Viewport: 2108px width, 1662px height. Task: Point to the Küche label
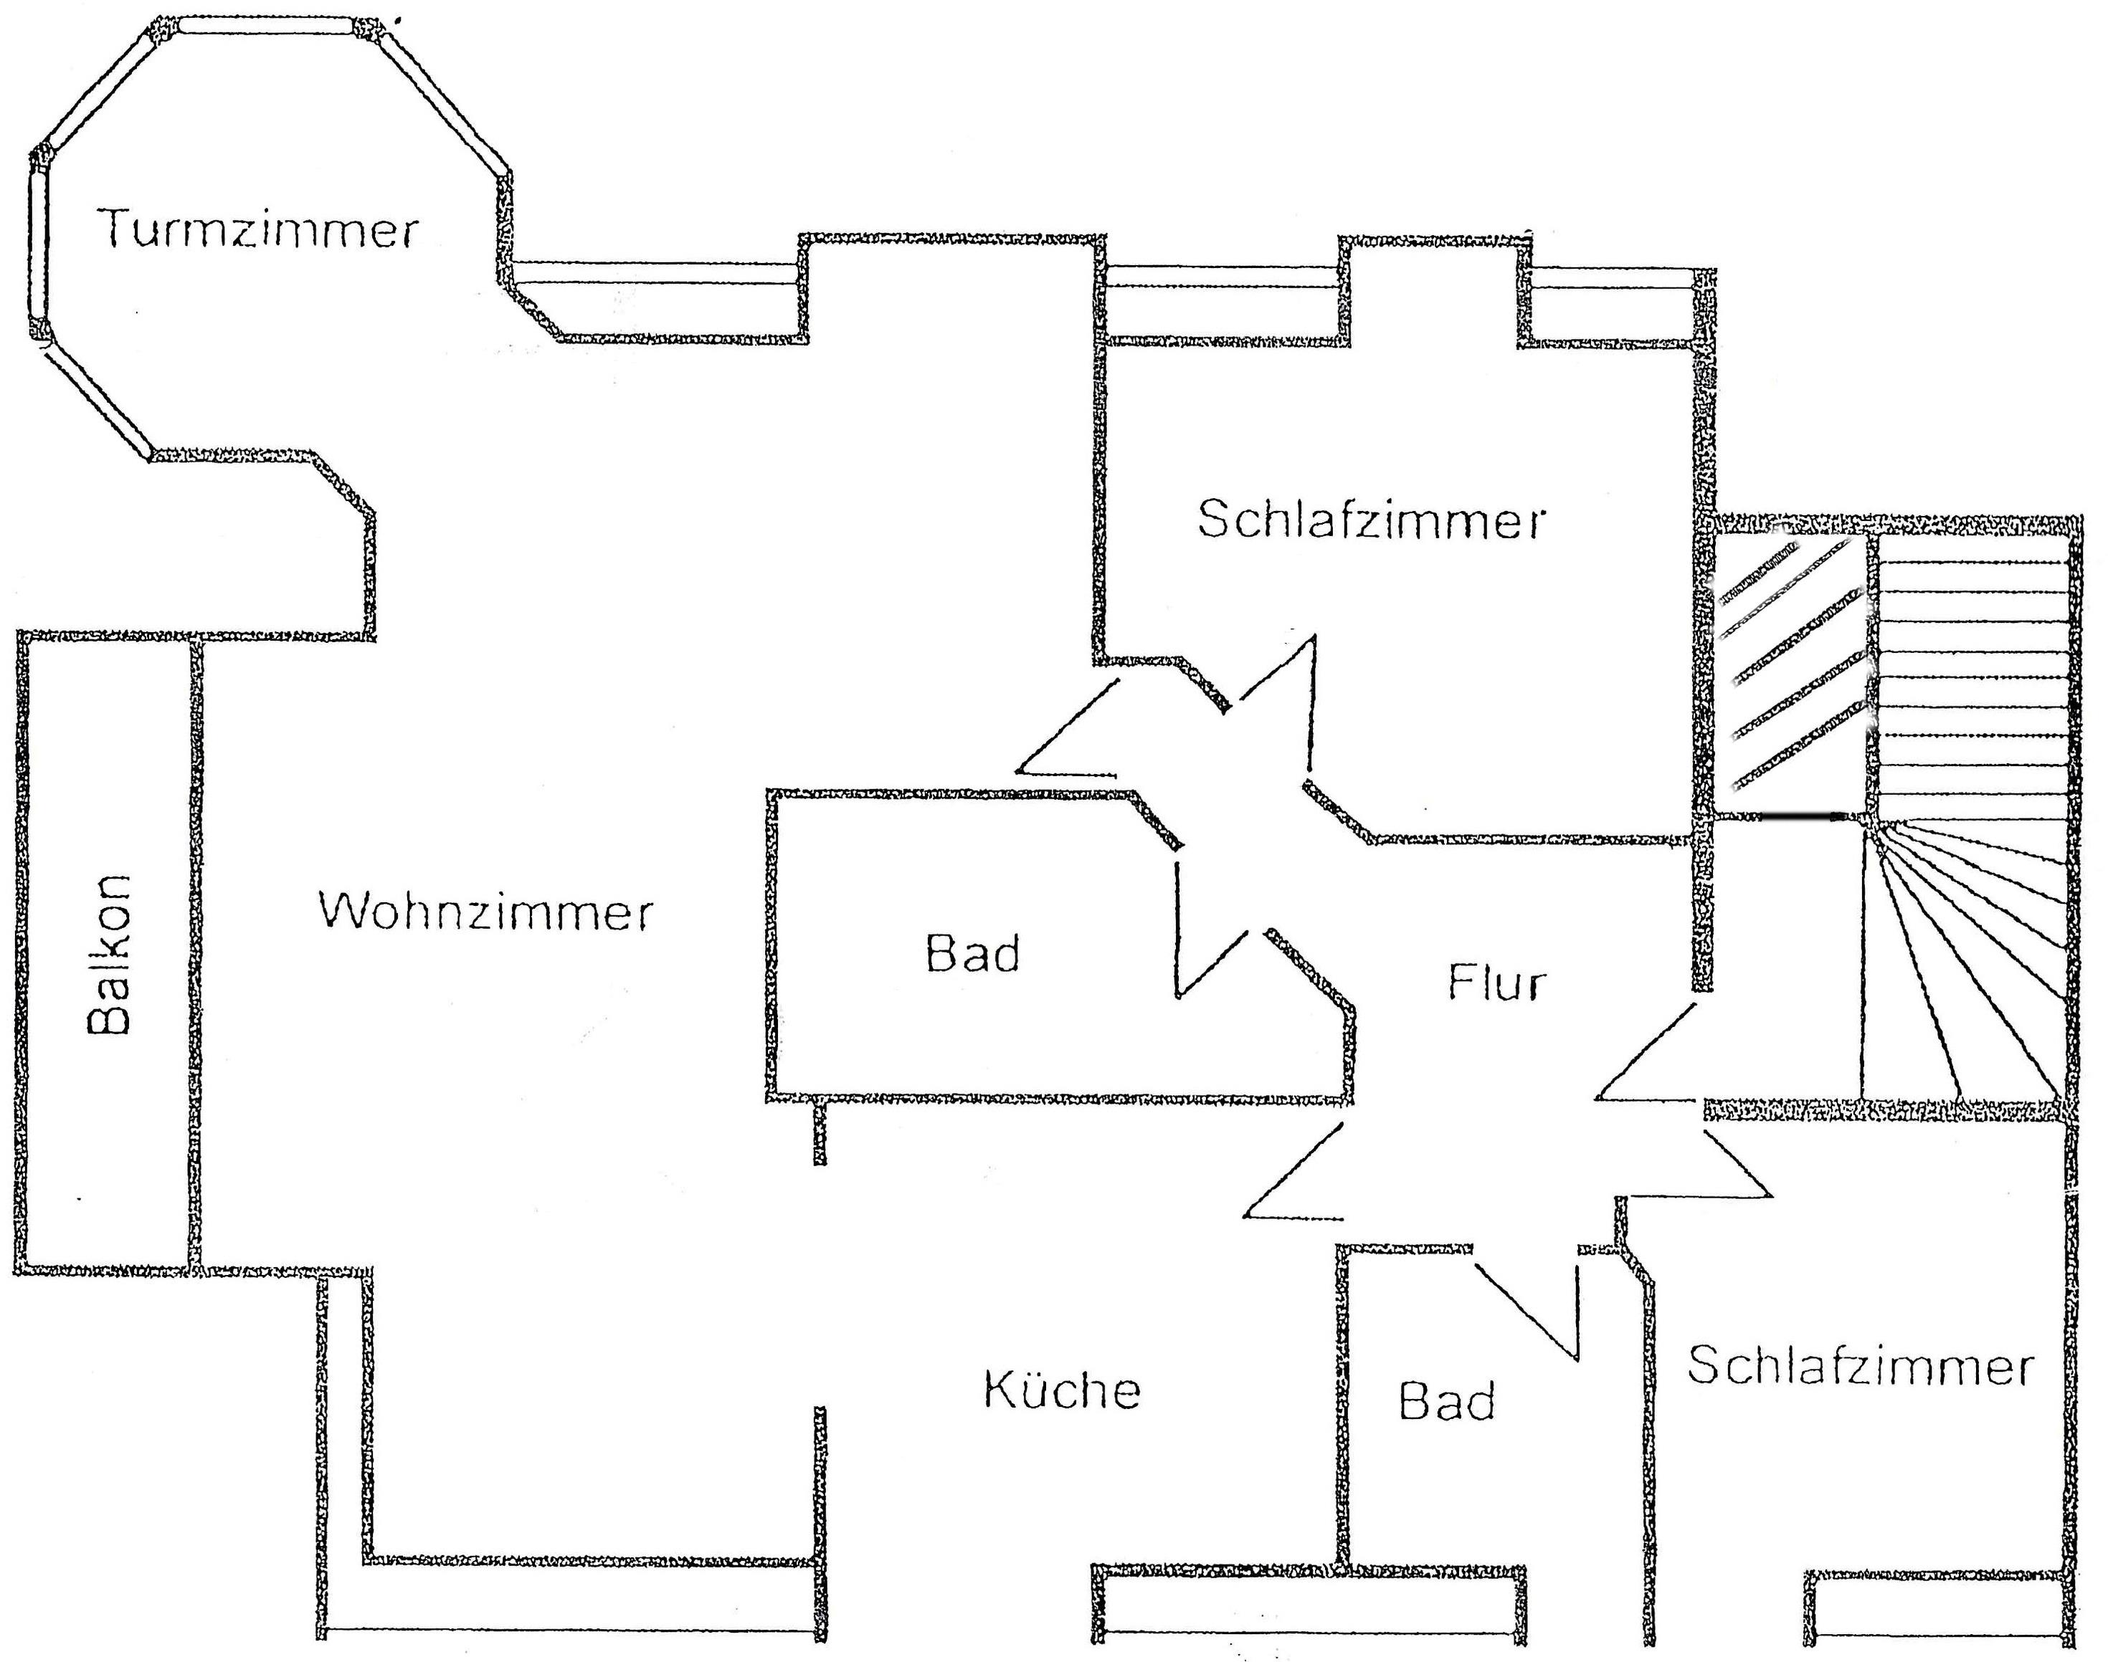pos(1062,1390)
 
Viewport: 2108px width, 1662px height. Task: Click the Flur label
pos(1496,983)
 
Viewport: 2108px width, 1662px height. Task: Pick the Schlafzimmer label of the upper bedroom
pos(1370,520)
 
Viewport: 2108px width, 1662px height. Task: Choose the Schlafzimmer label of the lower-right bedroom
pos(1860,1366)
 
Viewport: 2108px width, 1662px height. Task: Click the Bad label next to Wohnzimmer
pos(972,954)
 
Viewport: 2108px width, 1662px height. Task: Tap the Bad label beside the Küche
pos(1446,1402)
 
